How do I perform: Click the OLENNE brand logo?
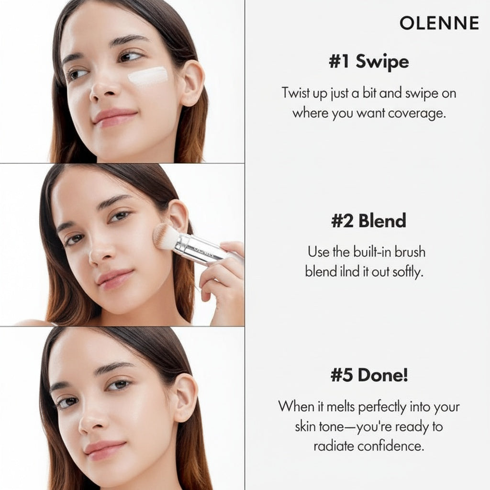439,23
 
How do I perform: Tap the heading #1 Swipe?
369,62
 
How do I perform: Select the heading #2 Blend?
368,221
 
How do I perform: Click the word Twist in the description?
296,93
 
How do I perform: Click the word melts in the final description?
337,407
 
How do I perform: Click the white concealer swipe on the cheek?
148,76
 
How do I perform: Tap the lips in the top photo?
114,117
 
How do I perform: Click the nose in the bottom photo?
92,421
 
